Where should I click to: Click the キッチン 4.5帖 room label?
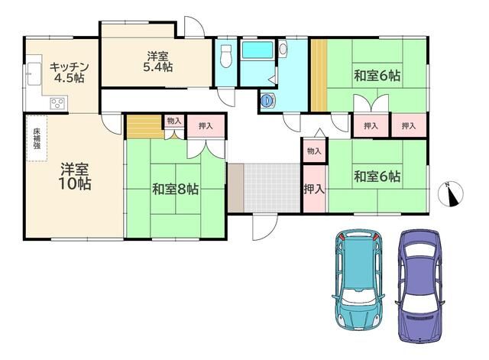coord(70,73)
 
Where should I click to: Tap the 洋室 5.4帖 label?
coord(158,62)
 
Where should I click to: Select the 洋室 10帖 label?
coord(75,177)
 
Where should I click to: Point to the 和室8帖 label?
coord(175,189)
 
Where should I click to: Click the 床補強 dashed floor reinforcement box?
coord(37,138)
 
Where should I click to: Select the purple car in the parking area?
coord(420,285)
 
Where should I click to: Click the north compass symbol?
coord(451,193)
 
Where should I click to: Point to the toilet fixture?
coord(226,56)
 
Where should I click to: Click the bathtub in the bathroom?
coord(257,50)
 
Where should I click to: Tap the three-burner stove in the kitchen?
coord(58,103)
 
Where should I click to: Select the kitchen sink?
coord(34,73)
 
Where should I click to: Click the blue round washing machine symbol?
coord(267,100)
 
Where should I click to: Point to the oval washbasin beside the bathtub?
coord(283,49)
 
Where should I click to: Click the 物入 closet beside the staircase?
coord(174,122)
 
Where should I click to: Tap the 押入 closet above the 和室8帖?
coord(206,126)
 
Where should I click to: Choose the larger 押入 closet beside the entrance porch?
coord(314,189)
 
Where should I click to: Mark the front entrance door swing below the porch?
coord(264,227)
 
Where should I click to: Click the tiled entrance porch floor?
coord(272,187)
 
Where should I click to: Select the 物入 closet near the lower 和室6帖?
coord(314,151)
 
